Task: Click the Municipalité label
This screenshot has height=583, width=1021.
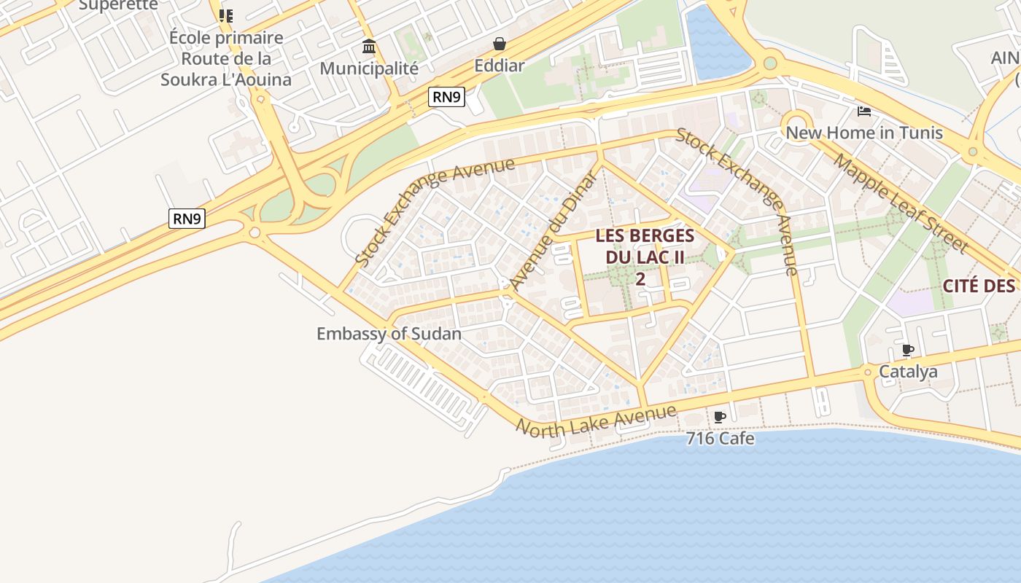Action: tap(369, 69)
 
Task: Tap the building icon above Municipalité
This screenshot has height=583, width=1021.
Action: tap(369, 47)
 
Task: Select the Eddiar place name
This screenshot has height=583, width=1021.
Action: tap(500, 66)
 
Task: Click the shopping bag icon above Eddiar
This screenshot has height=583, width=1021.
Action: tap(500, 44)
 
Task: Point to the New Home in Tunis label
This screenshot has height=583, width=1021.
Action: tap(863, 133)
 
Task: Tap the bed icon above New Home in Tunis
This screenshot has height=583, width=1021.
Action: tap(864, 111)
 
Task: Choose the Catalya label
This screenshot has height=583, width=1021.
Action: tap(908, 372)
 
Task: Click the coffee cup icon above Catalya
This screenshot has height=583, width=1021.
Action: tap(908, 351)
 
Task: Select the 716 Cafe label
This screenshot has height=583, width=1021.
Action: tap(720, 439)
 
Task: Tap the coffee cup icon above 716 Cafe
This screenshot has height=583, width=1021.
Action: tap(720, 418)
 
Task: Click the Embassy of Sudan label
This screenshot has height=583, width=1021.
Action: tap(389, 334)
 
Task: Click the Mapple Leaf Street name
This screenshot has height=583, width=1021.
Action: tap(901, 203)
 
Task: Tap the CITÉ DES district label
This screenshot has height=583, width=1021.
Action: tap(978, 286)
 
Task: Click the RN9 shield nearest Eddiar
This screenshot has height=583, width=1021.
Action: tap(446, 96)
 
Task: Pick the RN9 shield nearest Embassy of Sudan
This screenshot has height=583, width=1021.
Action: tap(187, 218)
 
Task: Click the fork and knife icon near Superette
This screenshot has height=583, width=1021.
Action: tap(226, 15)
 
